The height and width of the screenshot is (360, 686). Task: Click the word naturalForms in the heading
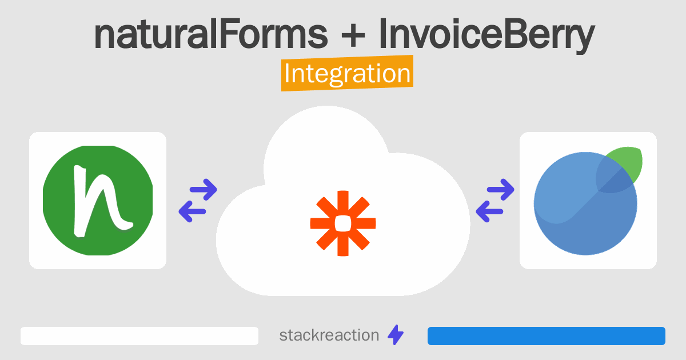click(x=211, y=35)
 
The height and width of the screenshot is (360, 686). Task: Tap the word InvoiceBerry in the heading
click(x=486, y=35)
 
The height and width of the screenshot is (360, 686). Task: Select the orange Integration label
click(x=347, y=74)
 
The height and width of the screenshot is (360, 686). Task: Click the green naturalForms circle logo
click(x=98, y=201)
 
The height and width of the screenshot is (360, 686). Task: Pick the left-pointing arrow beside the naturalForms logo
click(x=193, y=212)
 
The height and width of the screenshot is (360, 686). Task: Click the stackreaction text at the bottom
click(x=329, y=335)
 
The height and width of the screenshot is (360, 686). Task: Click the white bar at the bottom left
click(x=139, y=336)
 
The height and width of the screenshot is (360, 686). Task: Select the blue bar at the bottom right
click(x=546, y=336)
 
